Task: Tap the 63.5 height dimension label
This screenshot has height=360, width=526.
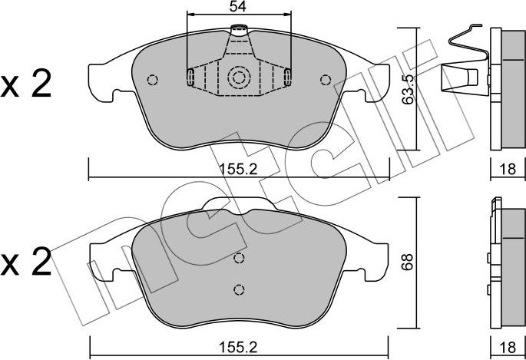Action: pyautogui.click(x=409, y=89)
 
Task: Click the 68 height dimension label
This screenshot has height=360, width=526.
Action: pyautogui.click(x=409, y=261)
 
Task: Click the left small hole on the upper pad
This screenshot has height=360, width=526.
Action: pyautogui.click(x=152, y=79)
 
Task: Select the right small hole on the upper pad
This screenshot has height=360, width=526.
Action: pyautogui.click(x=326, y=79)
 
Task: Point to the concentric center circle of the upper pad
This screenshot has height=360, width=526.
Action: pyautogui.click(x=239, y=78)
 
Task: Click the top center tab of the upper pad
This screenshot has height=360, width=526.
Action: pyautogui.click(x=240, y=32)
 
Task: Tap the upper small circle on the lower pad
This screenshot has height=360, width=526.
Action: pyautogui.click(x=239, y=258)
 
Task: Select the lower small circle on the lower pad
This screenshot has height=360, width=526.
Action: pyautogui.click(x=239, y=289)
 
